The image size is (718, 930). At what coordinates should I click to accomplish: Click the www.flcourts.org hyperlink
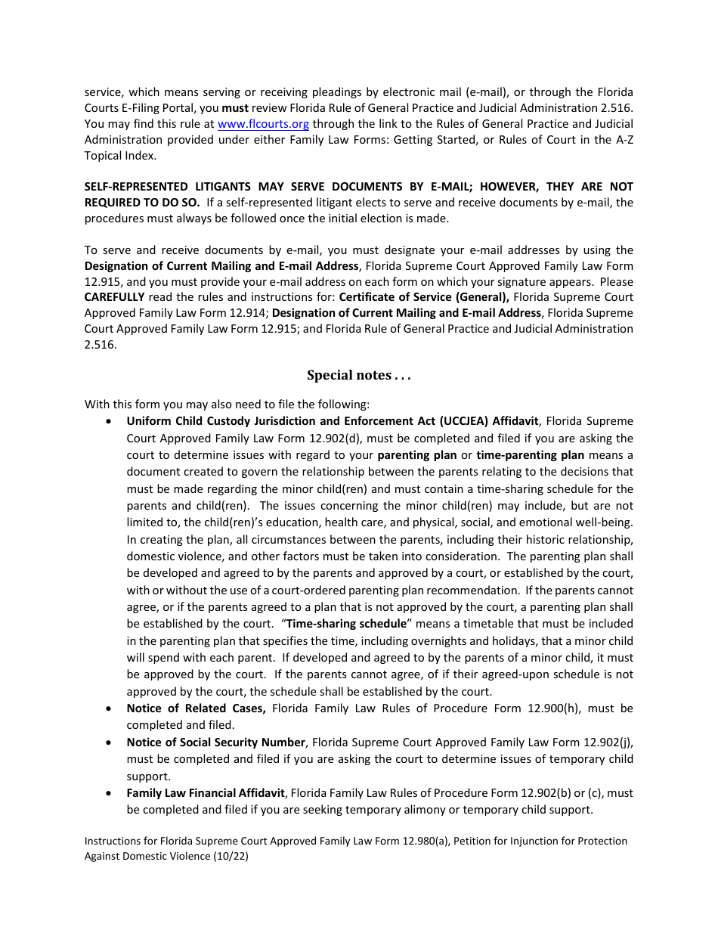point(263,124)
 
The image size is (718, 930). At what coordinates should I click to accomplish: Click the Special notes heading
point(358,375)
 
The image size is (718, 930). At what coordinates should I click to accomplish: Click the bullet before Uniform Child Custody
point(110,421)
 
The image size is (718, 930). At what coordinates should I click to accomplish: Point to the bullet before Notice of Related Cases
point(110,708)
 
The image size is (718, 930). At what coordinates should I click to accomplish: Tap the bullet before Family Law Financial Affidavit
point(110,793)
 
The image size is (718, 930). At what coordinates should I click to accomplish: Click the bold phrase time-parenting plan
point(530,455)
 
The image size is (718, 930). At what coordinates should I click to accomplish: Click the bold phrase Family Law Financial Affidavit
point(206,793)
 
